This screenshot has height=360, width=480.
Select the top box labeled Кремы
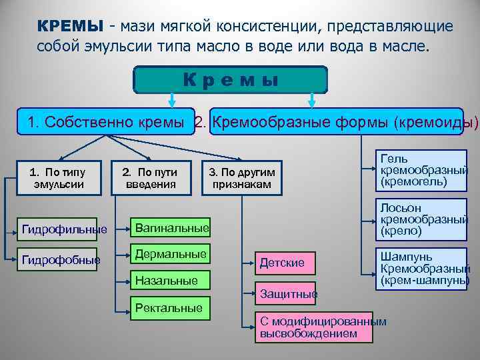pos(231,79)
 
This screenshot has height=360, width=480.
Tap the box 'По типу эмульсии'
pos(59,178)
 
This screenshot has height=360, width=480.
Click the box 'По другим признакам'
pos(242,178)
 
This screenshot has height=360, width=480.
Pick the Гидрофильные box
pos(64,229)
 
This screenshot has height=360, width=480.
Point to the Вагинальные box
pos(169,229)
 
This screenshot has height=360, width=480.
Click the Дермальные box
pos(169,255)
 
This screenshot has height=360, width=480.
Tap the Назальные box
pos(169,281)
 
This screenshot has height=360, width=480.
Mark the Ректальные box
pos(169,307)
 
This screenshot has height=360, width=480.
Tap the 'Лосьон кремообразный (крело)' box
pos(421,219)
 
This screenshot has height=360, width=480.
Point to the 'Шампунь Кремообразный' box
pos(421,269)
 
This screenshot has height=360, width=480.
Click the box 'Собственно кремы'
pos(106,123)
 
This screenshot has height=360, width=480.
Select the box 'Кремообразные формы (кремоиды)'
pos(336,123)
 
